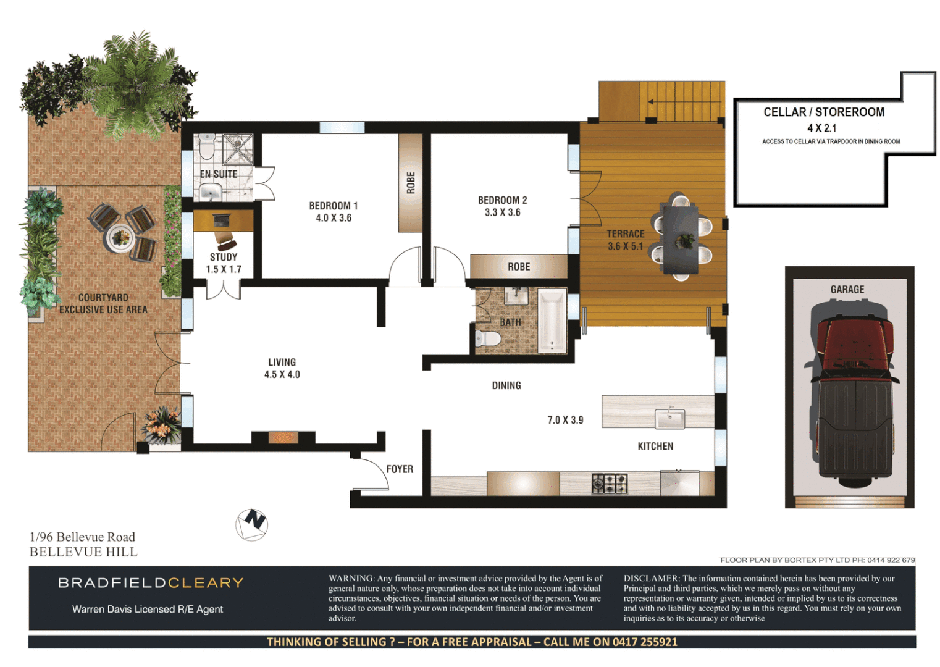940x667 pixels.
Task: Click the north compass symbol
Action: click(252, 524)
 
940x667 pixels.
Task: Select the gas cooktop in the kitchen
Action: click(610, 483)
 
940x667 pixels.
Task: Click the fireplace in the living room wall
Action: click(283, 438)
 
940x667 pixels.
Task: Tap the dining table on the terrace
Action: click(680, 238)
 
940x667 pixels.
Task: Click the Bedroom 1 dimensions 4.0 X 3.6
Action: click(334, 218)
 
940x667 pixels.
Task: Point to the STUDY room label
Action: click(224, 257)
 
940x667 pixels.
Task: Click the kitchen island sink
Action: click(669, 419)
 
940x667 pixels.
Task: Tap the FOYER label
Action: click(400, 469)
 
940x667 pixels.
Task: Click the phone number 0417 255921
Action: click(645, 642)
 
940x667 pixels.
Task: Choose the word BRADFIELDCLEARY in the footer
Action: click(151, 583)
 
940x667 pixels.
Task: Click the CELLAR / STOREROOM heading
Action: click(824, 112)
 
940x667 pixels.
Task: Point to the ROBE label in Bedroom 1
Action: click(411, 183)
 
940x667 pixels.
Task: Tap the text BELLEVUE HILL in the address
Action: click(83, 552)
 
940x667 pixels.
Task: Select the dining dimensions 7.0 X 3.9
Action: click(565, 420)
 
